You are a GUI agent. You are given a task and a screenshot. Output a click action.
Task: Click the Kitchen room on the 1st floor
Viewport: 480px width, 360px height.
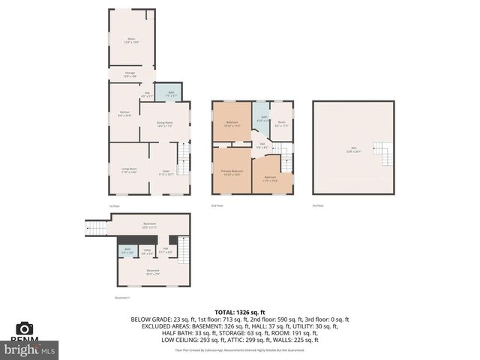coord(124,114)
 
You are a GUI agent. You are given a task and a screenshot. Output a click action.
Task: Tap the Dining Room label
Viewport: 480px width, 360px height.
coord(164,124)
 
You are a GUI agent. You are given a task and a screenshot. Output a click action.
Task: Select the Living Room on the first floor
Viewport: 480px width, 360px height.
coord(129,170)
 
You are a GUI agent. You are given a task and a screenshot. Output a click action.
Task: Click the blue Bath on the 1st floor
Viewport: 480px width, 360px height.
coord(172,94)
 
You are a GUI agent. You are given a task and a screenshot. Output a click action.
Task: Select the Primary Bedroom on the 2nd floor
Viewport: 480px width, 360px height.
coord(232,172)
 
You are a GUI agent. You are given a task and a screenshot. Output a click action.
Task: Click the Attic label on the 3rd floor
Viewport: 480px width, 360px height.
coord(353,148)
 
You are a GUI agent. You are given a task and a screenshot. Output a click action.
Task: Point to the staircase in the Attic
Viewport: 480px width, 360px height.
coord(385,154)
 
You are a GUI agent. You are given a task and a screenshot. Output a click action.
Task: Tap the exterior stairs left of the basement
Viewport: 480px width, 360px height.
coord(96,227)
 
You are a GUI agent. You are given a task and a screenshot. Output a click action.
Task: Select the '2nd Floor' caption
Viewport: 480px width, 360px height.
coord(217,205)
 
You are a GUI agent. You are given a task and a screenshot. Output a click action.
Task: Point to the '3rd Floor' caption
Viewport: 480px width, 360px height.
coord(319,205)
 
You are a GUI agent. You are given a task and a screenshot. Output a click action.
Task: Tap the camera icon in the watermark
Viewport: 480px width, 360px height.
coord(25,328)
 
